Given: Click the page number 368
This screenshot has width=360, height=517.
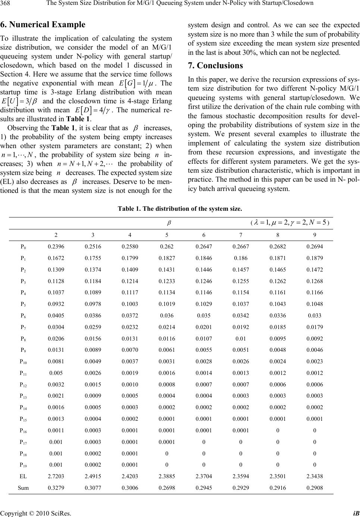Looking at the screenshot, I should click(x=6, y=4).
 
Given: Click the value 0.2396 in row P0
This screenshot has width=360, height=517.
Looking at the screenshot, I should click(x=56, y=247).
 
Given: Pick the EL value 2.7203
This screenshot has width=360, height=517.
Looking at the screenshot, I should click(x=56, y=476).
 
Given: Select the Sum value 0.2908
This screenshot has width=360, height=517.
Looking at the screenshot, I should click(x=314, y=487).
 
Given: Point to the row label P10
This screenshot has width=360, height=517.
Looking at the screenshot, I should click(x=23, y=361).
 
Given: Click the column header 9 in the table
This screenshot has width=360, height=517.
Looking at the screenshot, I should click(x=314, y=235).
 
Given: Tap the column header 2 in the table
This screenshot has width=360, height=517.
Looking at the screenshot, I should click(x=56, y=235).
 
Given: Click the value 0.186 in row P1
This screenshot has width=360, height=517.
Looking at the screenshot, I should click(x=240, y=258).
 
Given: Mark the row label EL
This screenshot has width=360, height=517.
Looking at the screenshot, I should click(x=23, y=476).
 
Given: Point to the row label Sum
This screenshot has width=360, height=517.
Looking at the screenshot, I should click(x=23, y=487).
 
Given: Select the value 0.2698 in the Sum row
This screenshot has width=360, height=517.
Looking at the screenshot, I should click(x=166, y=487).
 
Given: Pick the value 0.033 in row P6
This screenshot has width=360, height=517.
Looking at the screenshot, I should click(x=314, y=316).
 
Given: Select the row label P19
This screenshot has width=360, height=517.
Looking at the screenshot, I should click(x=23, y=465).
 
